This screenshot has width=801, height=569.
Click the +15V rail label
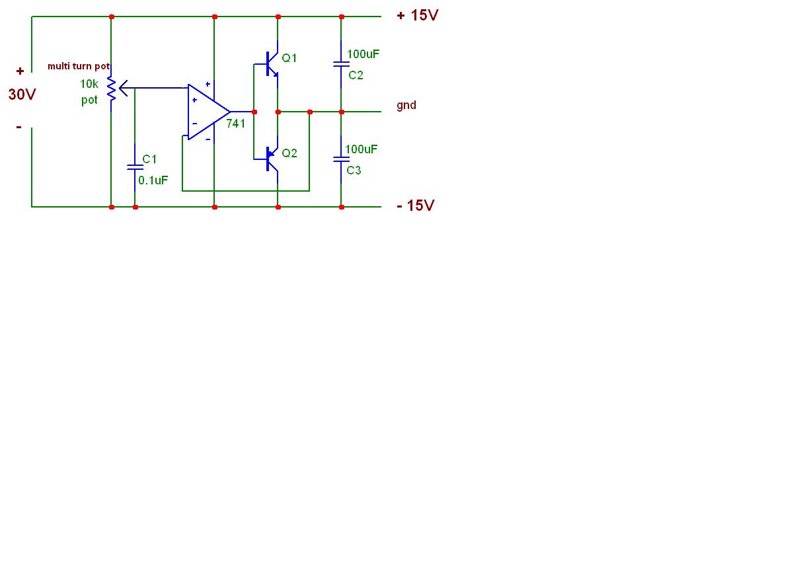pyautogui.click(x=417, y=15)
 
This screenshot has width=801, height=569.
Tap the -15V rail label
pyautogui.click(x=415, y=206)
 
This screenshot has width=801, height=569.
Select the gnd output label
pyautogui.click(x=406, y=105)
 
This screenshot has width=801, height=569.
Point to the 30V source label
pyautogui.click(x=22, y=95)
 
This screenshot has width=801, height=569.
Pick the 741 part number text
pyautogui.click(x=236, y=124)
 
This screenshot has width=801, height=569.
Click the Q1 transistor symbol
pyautogui.click(x=270, y=63)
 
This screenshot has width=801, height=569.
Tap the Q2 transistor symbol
pyautogui.click(x=270, y=158)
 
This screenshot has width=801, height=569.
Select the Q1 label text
pyautogui.click(x=289, y=58)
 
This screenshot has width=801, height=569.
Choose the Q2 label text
pyautogui.click(x=289, y=153)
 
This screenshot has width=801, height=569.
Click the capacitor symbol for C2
pyautogui.click(x=341, y=64)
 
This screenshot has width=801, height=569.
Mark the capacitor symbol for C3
pyautogui.click(x=341, y=159)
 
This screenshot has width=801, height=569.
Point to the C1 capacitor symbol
pyautogui.click(x=135, y=167)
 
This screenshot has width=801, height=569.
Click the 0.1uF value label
pyautogui.click(x=153, y=179)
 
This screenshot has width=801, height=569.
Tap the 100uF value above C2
pyautogui.click(x=363, y=54)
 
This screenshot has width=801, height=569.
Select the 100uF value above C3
pyautogui.click(x=361, y=149)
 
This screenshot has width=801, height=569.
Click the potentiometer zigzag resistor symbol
pyautogui.click(x=112, y=88)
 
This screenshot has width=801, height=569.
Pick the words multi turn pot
pyautogui.click(x=79, y=66)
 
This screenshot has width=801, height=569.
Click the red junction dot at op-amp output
pyautogui.click(x=254, y=112)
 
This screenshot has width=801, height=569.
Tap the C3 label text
pyautogui.click(x=354, y=171)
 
